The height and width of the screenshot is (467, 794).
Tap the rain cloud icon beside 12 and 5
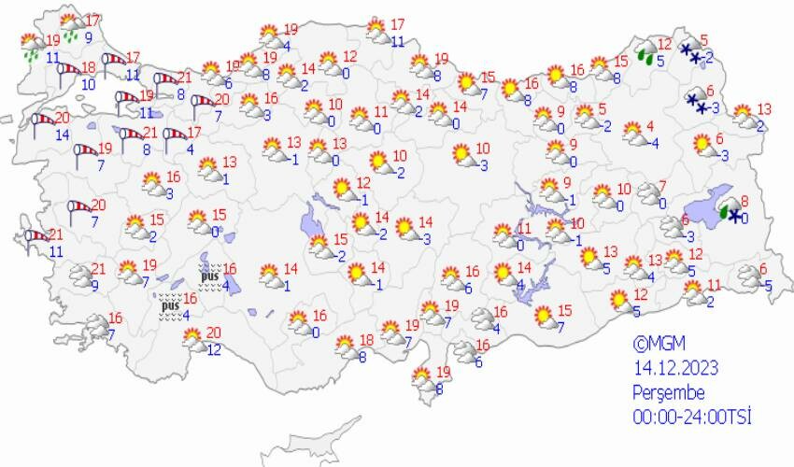point(645,51)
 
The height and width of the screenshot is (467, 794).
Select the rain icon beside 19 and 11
point(32,45)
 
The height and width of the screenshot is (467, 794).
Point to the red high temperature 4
point(649,127)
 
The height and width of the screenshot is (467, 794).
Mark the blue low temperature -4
point(655,143)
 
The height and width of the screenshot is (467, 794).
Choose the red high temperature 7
point(662,186)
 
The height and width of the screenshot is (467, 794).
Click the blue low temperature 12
point(214,350)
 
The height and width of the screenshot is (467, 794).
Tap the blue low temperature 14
point(62,135)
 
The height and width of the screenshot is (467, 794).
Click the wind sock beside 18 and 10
point(67,71)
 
